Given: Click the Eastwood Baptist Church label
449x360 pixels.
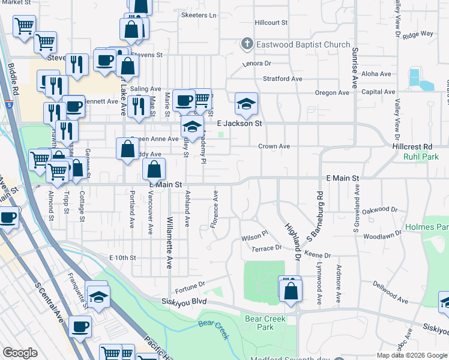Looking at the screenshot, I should [303, 44].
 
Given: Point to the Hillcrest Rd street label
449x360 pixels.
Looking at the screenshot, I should [412, 146].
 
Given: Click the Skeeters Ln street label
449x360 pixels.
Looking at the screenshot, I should [198, 15].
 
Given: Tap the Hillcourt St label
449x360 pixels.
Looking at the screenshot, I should [271, 22].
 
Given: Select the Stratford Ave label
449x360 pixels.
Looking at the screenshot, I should [282, 79].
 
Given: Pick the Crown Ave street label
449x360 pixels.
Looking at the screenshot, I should [274, 146].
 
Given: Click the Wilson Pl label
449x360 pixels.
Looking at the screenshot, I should [254, 238].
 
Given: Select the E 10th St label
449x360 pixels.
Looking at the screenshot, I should [123, 257].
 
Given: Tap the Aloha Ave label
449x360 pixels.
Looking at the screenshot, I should [376, 74].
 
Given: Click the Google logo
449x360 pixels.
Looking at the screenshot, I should [20, 353].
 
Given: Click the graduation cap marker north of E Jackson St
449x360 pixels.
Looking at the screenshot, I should [246, 104].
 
